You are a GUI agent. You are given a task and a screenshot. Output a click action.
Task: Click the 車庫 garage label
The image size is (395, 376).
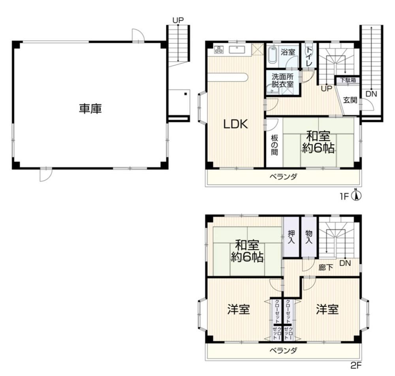[90, 109]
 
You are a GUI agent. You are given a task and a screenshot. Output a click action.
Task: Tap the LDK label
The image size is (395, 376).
[236, 124]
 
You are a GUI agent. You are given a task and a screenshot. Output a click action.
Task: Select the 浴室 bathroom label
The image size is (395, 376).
[288, 53]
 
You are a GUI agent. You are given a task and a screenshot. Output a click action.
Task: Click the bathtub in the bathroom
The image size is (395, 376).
[272, 55]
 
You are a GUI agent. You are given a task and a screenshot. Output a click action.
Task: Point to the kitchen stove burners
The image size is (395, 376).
[219, 49]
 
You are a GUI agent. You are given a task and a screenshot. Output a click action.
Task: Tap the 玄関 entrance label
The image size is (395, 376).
[350, 100]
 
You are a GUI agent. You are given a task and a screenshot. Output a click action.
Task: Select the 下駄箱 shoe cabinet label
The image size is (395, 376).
[348, 80]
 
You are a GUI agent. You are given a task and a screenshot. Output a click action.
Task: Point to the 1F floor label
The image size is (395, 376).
[344, 196]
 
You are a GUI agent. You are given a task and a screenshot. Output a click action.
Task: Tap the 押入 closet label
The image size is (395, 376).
[291, 237]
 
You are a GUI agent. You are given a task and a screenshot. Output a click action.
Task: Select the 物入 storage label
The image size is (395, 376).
[309, 237]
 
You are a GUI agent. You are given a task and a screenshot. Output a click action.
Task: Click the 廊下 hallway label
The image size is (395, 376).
[326, 267]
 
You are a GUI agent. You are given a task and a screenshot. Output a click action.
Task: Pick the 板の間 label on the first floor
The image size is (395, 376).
[275, 145]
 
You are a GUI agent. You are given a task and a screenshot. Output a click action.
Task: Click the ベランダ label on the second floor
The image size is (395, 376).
[283, 351]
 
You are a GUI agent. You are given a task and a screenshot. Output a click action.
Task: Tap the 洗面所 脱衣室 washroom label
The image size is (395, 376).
[282, 81]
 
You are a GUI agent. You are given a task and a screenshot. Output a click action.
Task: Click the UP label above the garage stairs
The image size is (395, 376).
[178, 20]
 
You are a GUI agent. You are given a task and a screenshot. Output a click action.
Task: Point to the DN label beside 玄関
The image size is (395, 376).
[371, 94]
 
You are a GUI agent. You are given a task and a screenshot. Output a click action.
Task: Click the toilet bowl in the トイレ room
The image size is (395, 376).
[308, 51]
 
